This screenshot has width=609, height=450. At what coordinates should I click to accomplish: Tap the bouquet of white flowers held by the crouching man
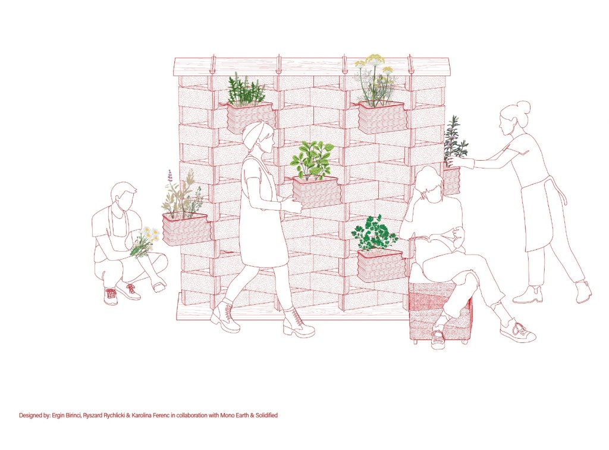coord(145,241)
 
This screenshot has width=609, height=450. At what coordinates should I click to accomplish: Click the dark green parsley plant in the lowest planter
coord(373,233)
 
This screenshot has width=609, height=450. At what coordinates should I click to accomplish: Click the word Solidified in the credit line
coord(266,415)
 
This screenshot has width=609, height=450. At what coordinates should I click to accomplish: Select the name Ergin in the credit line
coord(58,415)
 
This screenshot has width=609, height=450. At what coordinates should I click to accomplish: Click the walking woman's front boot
coord(297,323)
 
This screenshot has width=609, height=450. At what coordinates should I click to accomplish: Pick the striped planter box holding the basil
coord(316,192)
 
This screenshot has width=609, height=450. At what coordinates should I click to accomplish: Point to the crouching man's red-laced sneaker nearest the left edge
coord(111,296)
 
